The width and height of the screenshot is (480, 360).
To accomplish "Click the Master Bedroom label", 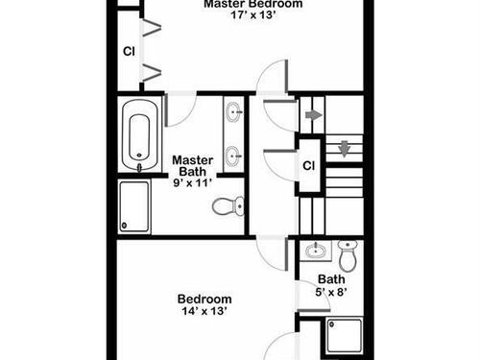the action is coord(253,4).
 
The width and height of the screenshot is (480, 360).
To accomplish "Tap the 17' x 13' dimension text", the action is coord(253,15).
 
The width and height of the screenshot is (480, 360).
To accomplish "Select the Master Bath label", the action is coord(193,165).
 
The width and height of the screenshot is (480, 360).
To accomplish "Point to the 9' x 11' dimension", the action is coord(193,183).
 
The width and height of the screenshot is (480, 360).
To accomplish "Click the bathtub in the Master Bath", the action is coord(139,135).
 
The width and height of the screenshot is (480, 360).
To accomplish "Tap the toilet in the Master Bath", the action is coord(228,206).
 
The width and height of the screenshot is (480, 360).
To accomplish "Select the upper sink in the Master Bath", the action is coord(234,112).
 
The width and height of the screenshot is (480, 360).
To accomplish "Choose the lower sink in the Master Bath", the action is coord(234,156).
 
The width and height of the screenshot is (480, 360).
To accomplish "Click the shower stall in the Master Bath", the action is coord(134,206).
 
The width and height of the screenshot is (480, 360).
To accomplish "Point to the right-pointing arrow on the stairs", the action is coord(314,115).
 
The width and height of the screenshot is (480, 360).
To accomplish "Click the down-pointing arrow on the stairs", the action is coord(344,149).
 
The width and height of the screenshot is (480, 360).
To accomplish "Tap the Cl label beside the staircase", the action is coord(308,166).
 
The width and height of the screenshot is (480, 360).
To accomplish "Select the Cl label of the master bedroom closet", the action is coord(129,51).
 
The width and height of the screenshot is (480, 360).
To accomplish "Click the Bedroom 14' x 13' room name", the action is coord(204,299).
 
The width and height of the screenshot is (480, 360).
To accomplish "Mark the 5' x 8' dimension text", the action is coord(331,292).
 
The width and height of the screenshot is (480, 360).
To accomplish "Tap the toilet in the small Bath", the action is coord(348,256).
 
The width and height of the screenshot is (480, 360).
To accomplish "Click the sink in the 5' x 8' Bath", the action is coord(315,251).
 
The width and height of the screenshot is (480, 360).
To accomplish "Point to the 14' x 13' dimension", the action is coord(204,311).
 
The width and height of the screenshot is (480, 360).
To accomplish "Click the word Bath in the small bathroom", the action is coord(331,279).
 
